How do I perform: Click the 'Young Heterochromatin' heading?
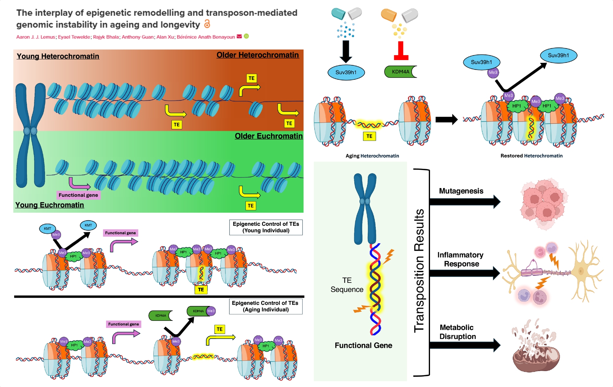click(58, 56)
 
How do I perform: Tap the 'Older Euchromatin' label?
click(268, 136)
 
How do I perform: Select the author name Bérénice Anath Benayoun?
click(206, 37)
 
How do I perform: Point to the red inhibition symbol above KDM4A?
click(401, 51)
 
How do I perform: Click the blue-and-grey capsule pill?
click(346, 14)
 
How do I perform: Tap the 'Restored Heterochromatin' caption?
click(531, 156)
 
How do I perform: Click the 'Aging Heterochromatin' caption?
click(372, 156)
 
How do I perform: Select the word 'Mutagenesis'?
click(461, 191)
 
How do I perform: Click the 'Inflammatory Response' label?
click(461, 259)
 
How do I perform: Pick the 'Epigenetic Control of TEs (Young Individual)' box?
click(266, 227)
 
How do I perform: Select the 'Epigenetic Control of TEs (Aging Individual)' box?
click(265, 306)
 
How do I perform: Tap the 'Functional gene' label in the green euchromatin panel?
click(78, 195)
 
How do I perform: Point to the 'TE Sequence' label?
click(347, 285)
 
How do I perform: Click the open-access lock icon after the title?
click(207, 24)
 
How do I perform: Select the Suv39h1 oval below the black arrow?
click(346, 73)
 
